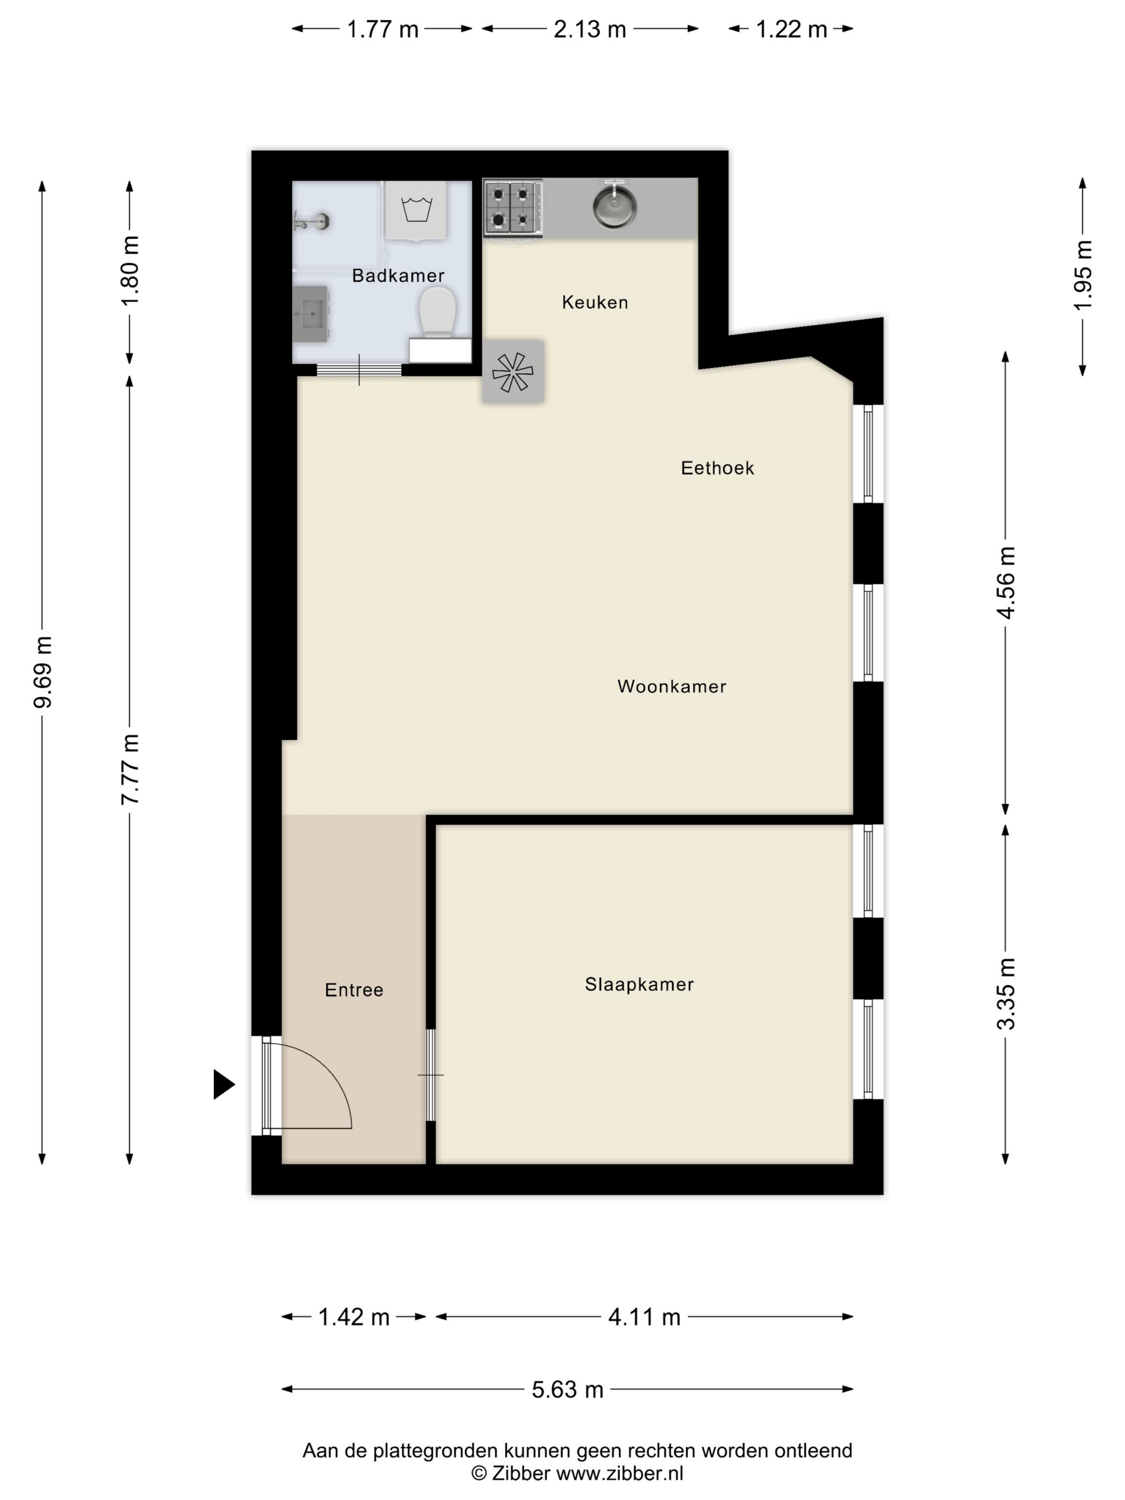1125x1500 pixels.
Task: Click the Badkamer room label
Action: click(398, 275)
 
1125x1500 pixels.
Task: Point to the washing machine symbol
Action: click(416, 210)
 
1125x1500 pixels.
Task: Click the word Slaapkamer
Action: click(640, 984)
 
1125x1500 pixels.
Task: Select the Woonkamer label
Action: click(672, 686)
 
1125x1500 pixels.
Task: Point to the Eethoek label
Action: click(717, 468)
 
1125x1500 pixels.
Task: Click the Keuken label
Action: click(595, 303)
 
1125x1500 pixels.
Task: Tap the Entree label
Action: click(354, 990)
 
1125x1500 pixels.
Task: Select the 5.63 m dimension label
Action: click(567, 1390)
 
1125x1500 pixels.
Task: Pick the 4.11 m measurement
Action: click(644, 1317)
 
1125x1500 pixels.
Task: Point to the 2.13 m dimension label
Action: click(590, 29)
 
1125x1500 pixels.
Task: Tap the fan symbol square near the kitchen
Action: click(513, 372)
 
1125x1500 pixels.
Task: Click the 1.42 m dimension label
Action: click(354, 1317)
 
